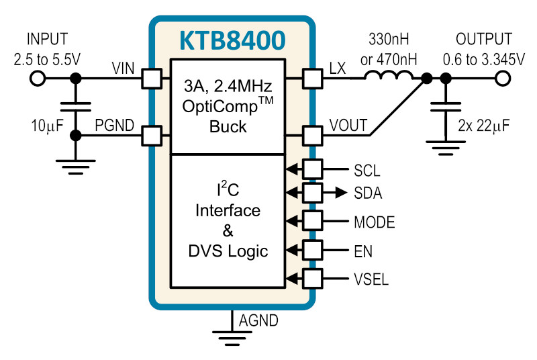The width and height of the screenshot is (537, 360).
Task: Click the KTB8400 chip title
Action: click(x=232, y=40)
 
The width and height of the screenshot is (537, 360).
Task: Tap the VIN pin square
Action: click(x=152, y=79)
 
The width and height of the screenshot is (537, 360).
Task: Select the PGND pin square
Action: click(x=152, y=136)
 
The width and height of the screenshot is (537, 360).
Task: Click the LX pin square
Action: click(x=312, y=79)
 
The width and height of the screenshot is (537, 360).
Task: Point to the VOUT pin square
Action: click(x=312, y=136)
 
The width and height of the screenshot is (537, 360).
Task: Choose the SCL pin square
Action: click(x=312, y=169)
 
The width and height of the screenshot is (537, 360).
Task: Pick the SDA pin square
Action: click(x=312, y=193)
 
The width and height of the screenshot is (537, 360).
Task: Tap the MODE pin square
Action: click(x=312, y=221)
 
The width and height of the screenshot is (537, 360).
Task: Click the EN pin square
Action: click(x=312, y=250)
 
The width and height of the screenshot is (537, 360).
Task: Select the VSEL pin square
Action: click(x=312, y=279)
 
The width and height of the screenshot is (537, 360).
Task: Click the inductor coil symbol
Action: click(x=389, y=75)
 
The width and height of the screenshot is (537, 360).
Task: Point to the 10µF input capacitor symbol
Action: click(x=76, y=107)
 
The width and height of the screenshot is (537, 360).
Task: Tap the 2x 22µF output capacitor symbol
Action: click(x=446, y=107)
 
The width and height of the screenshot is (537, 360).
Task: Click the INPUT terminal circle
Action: click(x=38, y=79)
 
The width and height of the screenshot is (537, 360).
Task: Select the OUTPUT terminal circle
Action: click(x=502, y=79)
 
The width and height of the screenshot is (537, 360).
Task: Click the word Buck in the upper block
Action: click(x=228, y=127)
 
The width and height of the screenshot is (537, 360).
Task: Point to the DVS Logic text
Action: click(x=228, y=252)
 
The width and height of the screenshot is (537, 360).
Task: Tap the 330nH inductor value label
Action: click(x=389, y=40)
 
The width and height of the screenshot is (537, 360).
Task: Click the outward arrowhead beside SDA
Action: click(x=342, y=193)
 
